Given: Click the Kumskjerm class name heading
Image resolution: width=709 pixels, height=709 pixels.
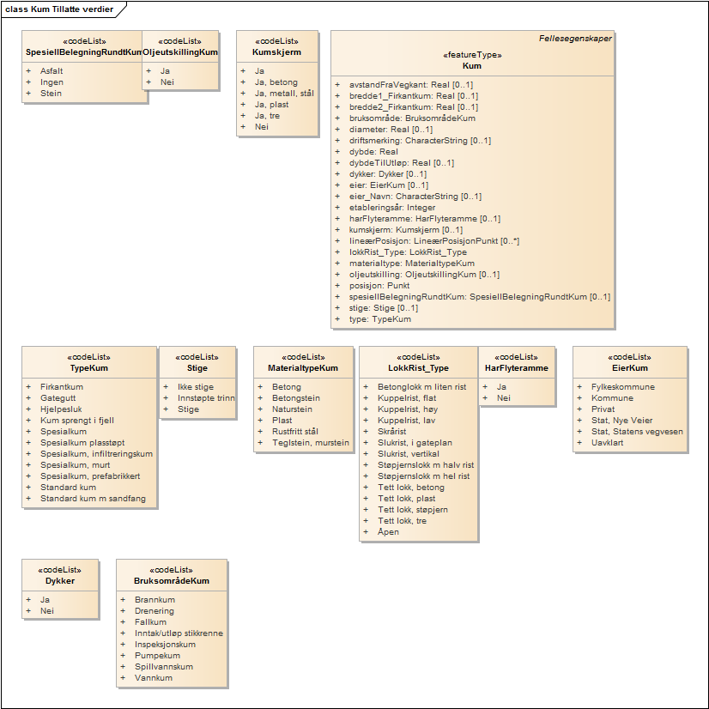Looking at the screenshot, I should click(276, 52).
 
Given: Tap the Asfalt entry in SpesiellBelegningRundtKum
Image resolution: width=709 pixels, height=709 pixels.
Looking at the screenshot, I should click(52, 71).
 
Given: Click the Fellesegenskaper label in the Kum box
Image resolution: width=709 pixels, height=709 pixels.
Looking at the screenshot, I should click(574, 39).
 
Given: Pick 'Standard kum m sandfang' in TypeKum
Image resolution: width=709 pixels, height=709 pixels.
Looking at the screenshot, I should click(93, 499).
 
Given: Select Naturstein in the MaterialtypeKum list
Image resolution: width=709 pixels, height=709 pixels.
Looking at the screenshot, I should click(292, 409).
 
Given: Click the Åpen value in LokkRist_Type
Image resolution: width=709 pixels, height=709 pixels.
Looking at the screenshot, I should click(388, 532).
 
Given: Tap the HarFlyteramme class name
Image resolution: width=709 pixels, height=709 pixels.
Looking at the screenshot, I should click(516, 368).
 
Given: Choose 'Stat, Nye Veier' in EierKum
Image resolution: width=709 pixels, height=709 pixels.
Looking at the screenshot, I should click(622, 421).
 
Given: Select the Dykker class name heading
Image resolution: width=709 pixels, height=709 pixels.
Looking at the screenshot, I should click(60, 581).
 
